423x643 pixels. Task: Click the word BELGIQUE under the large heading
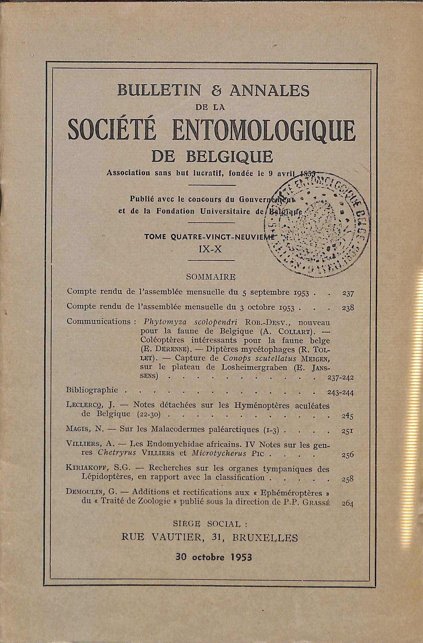[x=229, y=157]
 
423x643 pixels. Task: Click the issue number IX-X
[x=210, y=249]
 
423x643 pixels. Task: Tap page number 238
[x=348, y=308]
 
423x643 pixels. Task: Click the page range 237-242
[x=340, y=378]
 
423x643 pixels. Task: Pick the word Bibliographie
[x=92, y=390]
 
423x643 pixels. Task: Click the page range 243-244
[x=340, y=393]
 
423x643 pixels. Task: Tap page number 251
[x=347, y=431]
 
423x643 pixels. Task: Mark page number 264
[x=347, y=503]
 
